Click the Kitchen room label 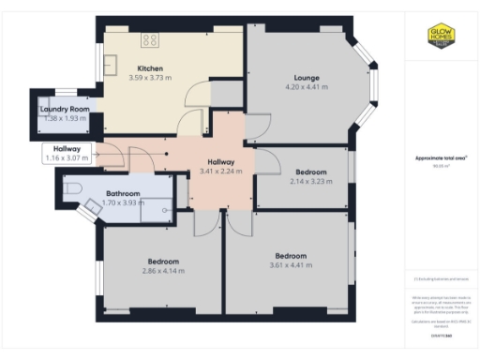[151, 68]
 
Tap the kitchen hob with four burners [151, 38]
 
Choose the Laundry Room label [63, 110]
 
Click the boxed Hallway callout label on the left [66, 149]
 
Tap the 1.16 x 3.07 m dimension [66, 158]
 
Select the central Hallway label [222, 162]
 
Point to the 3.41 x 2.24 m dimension [222, 172]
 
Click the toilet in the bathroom [75, 189]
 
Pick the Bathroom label [124, 192]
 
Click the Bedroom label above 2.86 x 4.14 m [163, 261]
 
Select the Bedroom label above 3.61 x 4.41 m [291, 255]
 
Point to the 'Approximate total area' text [441, 158]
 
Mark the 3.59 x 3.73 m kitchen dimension [151, 78]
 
